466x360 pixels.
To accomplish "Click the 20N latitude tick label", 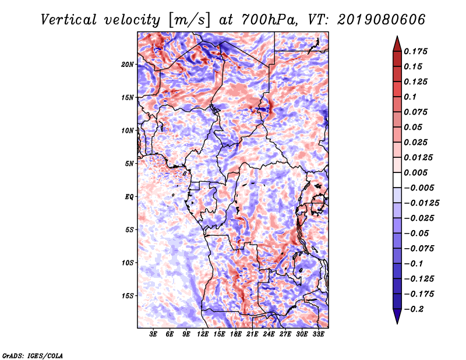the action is coord(128,65).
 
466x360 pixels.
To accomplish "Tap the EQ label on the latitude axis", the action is coord(129,197).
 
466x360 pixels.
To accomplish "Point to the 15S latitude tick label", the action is coord(128,296).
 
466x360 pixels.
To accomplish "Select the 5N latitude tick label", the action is coord(129,164).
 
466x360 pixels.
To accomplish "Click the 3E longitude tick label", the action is coord(153,334).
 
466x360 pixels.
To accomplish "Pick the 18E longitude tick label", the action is coord(236,334).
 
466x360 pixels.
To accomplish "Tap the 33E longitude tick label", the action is coord(318,334).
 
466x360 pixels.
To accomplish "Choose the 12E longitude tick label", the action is coord(203,334).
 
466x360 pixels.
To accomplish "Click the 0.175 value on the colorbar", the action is coord(415,51).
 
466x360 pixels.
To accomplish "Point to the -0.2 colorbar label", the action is coord(414,309).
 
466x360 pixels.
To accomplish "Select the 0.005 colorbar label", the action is coord(415,172).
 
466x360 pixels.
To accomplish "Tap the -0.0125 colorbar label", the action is coord(422,203).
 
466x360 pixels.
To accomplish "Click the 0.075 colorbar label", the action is coord(415,112).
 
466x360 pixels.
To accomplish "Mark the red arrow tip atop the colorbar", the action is coord(397,36).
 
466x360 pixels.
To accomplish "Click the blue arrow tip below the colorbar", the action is coord(397,323).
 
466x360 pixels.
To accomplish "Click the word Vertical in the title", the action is coord(69,20).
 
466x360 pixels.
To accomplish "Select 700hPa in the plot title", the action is coord(270,20).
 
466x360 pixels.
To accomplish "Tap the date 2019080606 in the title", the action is coord(382,20).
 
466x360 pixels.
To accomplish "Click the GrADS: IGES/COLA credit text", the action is coord(33,356).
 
